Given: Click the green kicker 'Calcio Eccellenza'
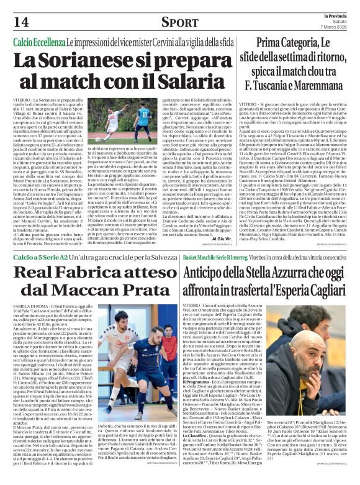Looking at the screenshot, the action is (x=40, y=41).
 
